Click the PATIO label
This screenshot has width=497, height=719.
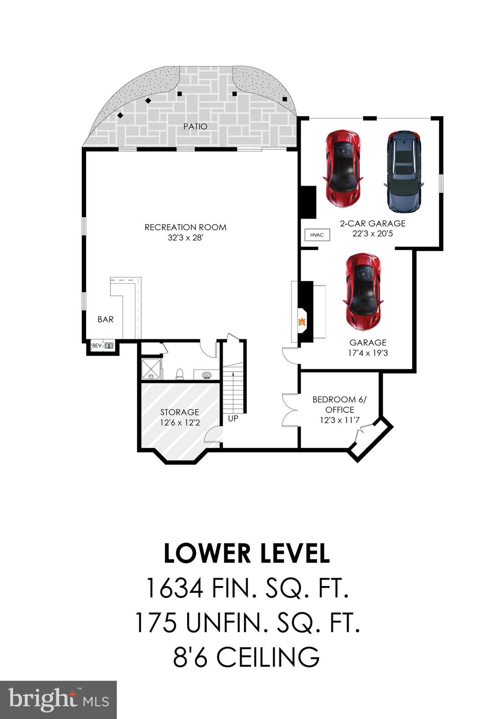click(x=195, y=126)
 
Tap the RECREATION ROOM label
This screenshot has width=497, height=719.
click(x=185, y=227)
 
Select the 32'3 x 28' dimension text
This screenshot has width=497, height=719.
click(x=185, y=238)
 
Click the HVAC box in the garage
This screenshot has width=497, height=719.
click(x=317, y=235)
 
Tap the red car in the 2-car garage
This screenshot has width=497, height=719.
click(x=343, y=169)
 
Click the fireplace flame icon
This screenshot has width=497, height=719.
click(x=302, y=322)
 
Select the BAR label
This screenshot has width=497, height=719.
click(x=105, y=319)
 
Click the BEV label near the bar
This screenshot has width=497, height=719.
click(x=97, y=346)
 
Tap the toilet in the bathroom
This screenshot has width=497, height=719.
click(x=179, y=374)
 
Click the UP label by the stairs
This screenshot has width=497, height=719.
click(x=233, y=418)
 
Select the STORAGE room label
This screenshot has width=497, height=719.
click(x=180, y=412)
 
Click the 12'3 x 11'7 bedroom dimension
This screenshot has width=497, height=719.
click(x=339, y=420)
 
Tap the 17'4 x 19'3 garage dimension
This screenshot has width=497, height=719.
click(x=368, y=353)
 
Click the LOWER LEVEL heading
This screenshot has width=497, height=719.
click(x=247, y=554)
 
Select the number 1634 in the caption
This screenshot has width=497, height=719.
click(x=175, y=588)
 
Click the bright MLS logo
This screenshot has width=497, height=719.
click(x=58, y=700)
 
